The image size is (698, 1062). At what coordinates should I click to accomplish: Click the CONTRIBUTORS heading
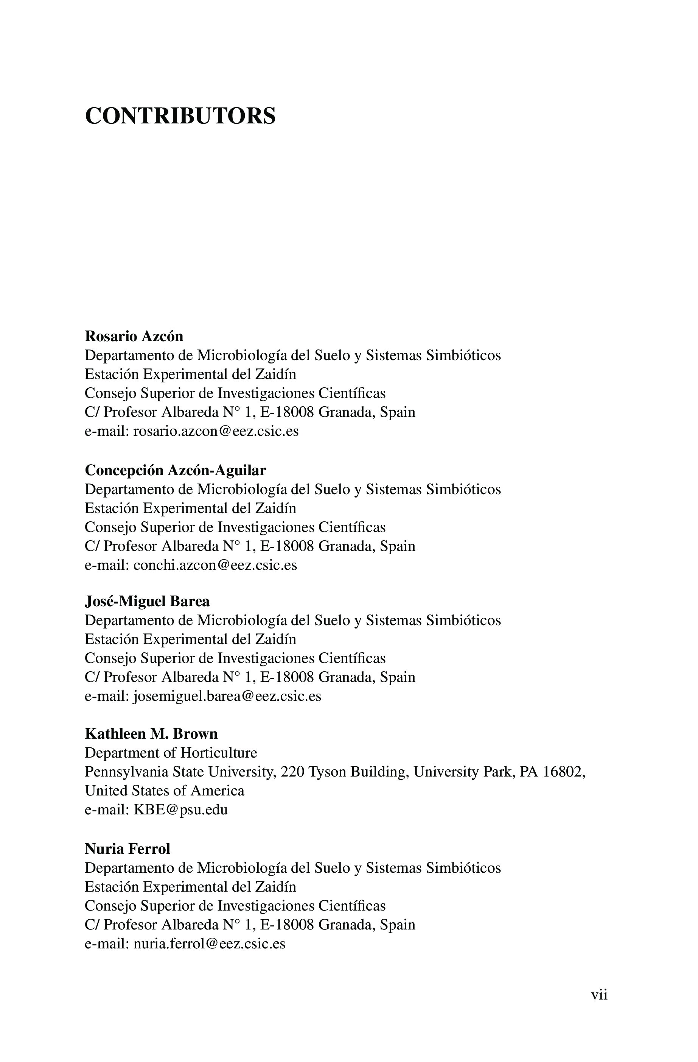(x=180, y=116)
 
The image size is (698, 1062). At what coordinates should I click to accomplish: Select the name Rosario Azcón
(x=134, y=336)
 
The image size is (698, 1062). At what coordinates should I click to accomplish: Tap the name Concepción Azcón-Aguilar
(x=175, y=470)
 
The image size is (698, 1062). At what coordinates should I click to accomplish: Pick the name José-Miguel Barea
(x=147, y=602)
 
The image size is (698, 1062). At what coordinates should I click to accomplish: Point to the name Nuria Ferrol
(x=127, y=849)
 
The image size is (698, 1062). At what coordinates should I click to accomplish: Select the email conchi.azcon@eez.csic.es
(x=215, y=565)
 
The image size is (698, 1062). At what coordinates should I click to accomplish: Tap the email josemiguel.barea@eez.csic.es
(x=227, y=697)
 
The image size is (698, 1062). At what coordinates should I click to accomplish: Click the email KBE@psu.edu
(x=180, y=810)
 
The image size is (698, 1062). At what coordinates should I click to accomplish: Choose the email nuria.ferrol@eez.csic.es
(x=209, y=944)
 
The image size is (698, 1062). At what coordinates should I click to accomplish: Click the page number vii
(x=599, y=995)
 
